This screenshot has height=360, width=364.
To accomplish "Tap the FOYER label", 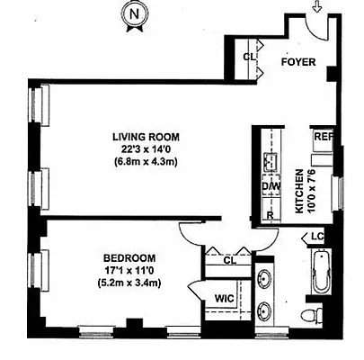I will pyautogui.click(x=299, y=65).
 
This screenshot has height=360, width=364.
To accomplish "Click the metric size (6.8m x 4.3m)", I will pyautogui.click(x=142, y=162).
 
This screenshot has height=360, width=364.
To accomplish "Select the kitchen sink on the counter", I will pyautogui.click(x=269, y=162).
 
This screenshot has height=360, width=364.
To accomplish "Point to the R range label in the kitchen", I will pyautogui.click(x=270, y=217).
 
